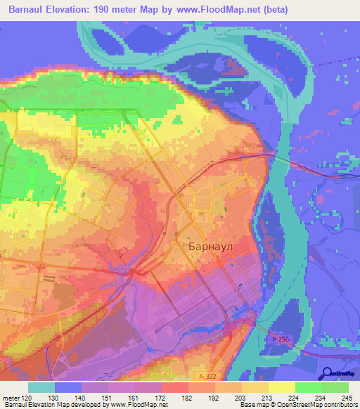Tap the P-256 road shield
click(279, 339)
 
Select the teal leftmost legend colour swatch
click(41, 387)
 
